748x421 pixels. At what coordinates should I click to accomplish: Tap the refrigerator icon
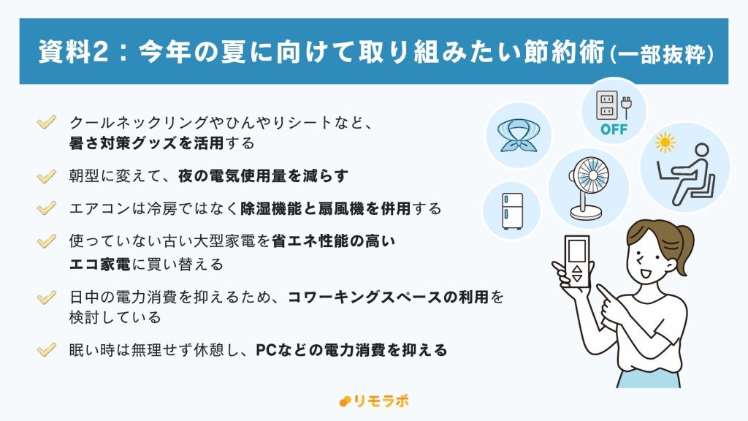pyautogui.click(x=512, y=211)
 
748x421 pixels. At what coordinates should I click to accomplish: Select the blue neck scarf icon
pyautogui.click(x=519, y=135)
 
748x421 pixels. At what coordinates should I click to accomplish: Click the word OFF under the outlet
pyautogui.click(x=614, y=129)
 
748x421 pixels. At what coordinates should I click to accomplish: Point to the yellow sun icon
pyautogui.click(x=665, y=143)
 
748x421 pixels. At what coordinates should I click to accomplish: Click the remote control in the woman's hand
pyautogui.click(x=576, y=261)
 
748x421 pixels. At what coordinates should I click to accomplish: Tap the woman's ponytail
pyautogui.click(x=684, y=249)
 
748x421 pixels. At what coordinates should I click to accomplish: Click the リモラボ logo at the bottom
pyautogui.click(x=373, y=401)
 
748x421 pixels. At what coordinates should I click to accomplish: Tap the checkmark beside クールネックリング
pyautogui.click(x=46, y=122)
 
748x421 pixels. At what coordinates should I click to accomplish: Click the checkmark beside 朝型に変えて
pyautogui.click(x=46, y=177)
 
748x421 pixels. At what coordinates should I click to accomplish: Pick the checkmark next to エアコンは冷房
pyautogui.click(x=46, y=208)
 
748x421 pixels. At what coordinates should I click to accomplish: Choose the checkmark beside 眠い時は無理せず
pyautogui.click(x=46, y=350)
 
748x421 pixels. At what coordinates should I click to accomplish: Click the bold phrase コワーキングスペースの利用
pyautogui.click(x=389, y=297)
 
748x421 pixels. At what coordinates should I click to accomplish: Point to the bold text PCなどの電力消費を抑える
pyautogui.click(x=351, y=350)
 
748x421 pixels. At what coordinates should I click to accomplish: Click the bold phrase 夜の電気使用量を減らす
pyautogui.click(x=263, y=176)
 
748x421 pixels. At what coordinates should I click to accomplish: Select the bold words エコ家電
pyautogui.click(x=99, y=264)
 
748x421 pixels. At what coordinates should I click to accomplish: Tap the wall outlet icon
pyautogui.click(x=606, y=105)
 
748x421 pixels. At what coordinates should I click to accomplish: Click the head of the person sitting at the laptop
pyautogui.click(x=701, y=151)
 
